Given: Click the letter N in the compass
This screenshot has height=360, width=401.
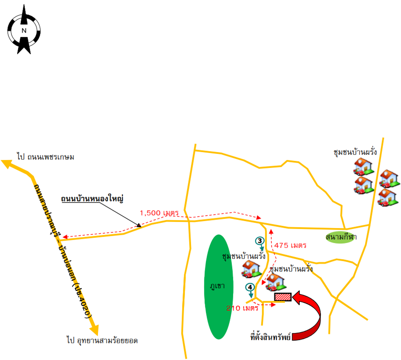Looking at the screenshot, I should [24, 31].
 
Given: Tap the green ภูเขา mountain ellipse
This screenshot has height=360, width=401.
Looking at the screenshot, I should [219, 287].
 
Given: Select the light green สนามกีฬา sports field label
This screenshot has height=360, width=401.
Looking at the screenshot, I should [341, 237].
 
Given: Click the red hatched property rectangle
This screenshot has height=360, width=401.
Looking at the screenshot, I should [283, 297].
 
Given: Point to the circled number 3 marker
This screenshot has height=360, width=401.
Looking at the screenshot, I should [260, 241].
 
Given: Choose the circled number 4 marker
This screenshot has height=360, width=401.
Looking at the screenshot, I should [250, 287].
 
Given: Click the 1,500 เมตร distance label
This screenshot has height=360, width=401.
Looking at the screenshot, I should [159, 213].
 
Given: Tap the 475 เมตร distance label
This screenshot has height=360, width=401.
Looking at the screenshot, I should [290, 246].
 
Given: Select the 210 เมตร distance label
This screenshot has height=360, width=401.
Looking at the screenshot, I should [242, 308].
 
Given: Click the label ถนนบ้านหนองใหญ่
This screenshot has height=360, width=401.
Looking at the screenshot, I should [92, 199].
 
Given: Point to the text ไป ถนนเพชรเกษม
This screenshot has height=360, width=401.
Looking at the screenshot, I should [46, 157].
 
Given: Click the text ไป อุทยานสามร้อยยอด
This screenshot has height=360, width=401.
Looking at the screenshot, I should [102, 341].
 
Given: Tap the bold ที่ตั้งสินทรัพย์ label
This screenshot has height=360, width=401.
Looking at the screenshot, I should [270, 337].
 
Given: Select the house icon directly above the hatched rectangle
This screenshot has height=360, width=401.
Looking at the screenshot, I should [275, 282].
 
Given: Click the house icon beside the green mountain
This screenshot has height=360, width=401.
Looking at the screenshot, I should [251, 269].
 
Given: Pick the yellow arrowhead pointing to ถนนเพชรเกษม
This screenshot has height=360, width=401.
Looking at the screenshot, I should [7, 164].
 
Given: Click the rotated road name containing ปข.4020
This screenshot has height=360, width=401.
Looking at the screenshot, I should [63, 251].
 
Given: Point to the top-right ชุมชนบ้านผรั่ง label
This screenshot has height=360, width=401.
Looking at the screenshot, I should [355, 152].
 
